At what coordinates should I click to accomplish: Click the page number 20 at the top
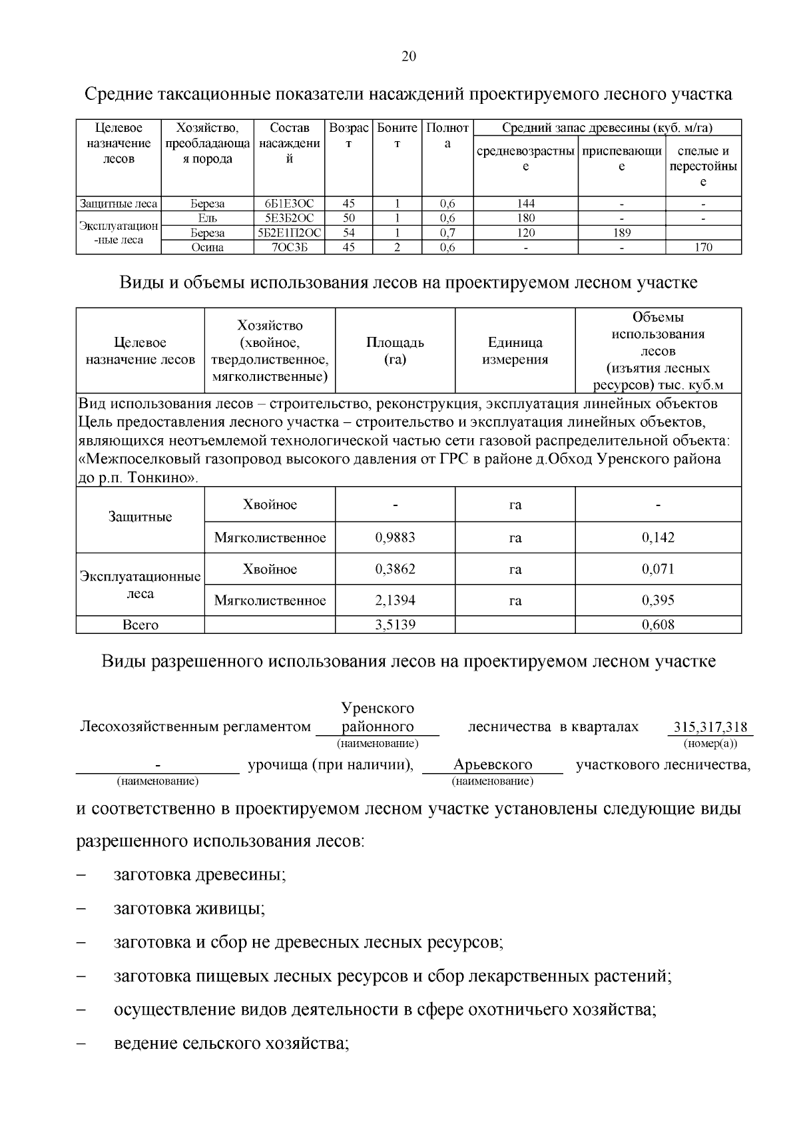point(409,57)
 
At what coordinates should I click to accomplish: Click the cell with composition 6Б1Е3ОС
point(289,204)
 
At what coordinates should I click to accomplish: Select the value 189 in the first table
point(621,233)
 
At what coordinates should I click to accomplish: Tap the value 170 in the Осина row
point(703,248)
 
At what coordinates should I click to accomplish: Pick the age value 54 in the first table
point(348,233)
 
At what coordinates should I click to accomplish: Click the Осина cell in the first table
point(207,248)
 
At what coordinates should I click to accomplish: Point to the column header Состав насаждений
point(289,143)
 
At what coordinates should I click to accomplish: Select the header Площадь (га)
point(395,351)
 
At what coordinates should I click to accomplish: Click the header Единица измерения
point(515,351)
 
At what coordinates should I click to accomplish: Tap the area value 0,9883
point(395,537)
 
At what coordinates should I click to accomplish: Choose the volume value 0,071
point(658,569)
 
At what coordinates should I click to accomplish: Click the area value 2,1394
point(395,601)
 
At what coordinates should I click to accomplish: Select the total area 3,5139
point(395,625)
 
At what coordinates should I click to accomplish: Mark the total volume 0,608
point(658,625)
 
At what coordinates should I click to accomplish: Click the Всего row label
point(140,625)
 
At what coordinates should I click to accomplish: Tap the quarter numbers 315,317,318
point(710,726)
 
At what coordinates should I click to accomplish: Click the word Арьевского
point(492,764)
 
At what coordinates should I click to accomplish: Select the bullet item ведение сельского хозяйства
point(231,1043)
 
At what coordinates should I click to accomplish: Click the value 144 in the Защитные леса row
point(525,204)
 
